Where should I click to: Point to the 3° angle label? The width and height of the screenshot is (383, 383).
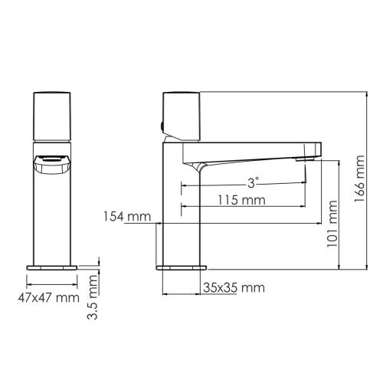tap(253, 182)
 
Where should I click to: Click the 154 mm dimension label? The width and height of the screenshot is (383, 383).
tap(126, 218)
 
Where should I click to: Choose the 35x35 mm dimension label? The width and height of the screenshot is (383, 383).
tap(234, 288)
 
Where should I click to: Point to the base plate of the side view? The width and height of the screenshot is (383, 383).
tap(182, 268)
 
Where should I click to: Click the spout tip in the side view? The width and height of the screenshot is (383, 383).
tap(311, 155)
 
